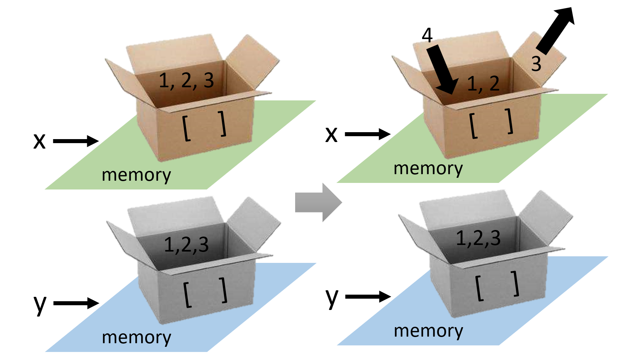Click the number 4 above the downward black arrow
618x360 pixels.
(x=427, y=35)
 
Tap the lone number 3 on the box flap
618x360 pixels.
(x=536, y=64)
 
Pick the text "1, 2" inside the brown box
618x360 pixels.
(x=483, y=84)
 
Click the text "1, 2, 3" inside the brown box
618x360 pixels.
(x=186, y=80)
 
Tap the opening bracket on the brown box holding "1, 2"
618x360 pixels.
(x=473, y=126)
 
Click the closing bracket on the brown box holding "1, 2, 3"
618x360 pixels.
(x=223, y=124)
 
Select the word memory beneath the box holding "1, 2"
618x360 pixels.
(x=428, y=169)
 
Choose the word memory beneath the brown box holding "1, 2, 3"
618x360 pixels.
(x=136, y=175)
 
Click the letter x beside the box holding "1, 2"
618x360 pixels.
(x=331, y=134)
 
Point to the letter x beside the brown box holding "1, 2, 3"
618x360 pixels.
(x=39, y=141)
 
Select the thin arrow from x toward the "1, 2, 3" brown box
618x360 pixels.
(x=76, y=141)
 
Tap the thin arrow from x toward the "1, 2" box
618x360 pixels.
(x=367, y=134)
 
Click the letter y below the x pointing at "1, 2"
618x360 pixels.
(x=332, y=298)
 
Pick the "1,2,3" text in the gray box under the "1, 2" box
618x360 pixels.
(x=478, y=238)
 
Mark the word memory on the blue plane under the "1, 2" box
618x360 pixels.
(x=428, y=331)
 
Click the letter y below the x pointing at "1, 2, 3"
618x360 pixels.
(x=40, y=304)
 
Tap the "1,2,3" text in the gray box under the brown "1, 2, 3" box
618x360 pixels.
(x=186, y=245)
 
